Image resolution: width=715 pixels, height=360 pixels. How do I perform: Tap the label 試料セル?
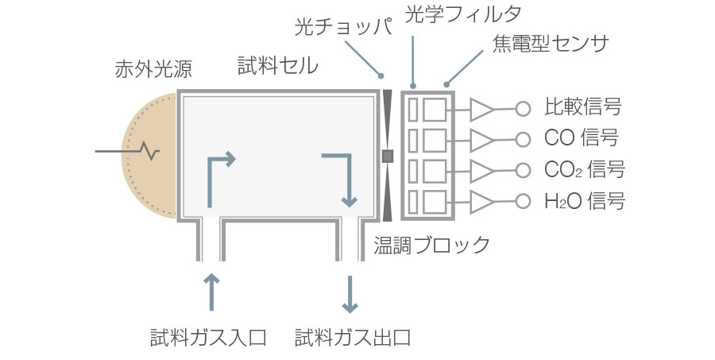[277, 66]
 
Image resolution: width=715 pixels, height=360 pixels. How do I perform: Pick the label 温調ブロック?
[432, 244]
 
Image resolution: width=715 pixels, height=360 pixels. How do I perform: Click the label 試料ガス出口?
[353, 337]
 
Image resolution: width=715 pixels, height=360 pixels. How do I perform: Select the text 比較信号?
[582, 106]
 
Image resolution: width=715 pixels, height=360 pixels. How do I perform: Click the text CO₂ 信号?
[584, 170]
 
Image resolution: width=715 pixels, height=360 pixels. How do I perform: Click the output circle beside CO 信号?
[523, 139]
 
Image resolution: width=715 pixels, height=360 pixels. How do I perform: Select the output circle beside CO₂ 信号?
[523, 170]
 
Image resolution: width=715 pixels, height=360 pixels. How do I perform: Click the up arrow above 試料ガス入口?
[211, 291]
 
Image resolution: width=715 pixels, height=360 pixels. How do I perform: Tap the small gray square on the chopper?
[388, 156]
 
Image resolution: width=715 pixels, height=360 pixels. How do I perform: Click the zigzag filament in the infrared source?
[149, 150]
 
